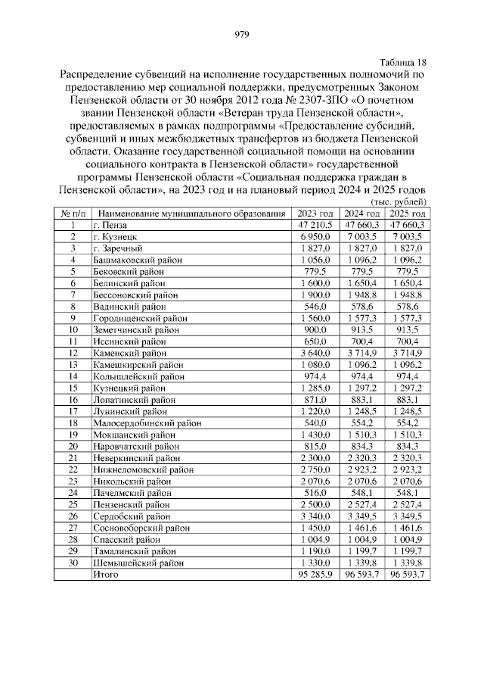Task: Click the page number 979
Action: (x=242, y=33)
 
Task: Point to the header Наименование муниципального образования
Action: (x=193, y=214)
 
